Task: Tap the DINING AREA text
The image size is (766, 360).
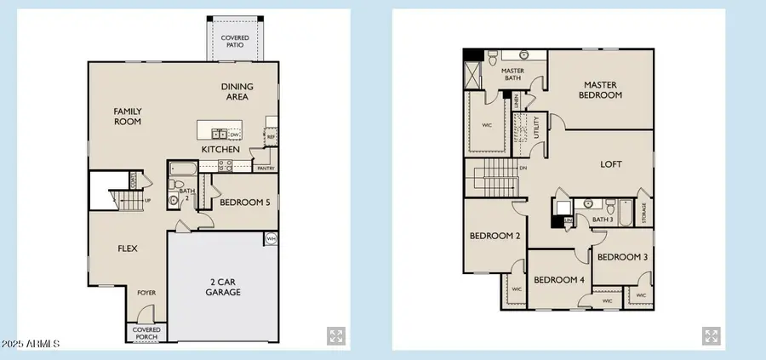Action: [235, 91]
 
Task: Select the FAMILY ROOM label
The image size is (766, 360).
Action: [128, 116]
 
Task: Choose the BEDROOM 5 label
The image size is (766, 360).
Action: [245, 203]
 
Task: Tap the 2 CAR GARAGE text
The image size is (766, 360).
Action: [222, 287]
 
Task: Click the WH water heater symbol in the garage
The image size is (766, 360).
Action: [271, 239]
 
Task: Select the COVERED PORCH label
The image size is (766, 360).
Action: [146, 332]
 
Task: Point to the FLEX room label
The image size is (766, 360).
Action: [128, 249]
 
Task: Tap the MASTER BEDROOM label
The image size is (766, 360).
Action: [602, 89]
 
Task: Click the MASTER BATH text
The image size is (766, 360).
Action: [512, 74]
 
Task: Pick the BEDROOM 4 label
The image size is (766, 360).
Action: [558, 279]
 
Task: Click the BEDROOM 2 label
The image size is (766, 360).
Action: [494, 236]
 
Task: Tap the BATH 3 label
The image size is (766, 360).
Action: [603, 220]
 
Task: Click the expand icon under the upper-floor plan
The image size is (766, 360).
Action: [711, 335]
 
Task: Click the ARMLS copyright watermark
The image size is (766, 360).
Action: [30, 344]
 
